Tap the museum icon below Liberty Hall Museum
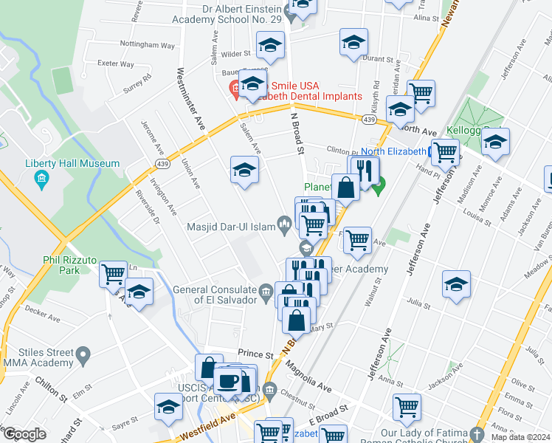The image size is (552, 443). pos(42,179)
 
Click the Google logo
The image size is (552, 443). pos(24,434)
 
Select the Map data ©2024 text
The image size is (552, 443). pos(520,437)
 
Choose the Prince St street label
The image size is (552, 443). pos(255,355)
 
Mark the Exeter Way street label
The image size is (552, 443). pos(117,64)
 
